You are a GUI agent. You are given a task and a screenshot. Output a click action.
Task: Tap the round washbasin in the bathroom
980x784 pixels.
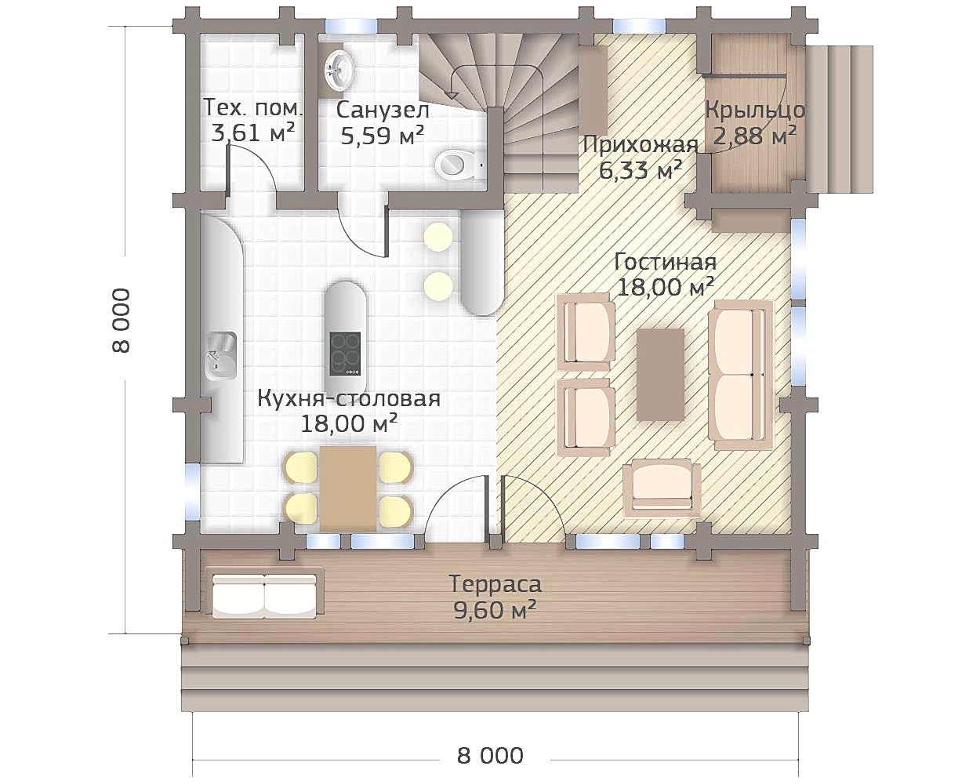339,71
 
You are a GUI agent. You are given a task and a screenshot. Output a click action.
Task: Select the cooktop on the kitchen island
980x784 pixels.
345,354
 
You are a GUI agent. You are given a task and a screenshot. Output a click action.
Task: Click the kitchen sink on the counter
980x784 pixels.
221,356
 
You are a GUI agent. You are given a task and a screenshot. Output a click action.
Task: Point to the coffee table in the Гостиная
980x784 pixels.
660,375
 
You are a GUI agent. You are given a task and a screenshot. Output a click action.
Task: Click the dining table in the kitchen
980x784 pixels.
348,488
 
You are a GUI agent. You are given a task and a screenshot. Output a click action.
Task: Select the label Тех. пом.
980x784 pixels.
252,108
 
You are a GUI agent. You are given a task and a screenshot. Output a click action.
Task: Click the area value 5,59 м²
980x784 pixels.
383,135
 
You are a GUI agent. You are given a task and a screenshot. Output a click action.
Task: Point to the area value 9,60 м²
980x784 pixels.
495,611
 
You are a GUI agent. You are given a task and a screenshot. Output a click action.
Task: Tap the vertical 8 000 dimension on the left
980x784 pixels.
122,320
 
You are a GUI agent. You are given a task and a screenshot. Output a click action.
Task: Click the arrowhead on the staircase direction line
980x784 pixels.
452,94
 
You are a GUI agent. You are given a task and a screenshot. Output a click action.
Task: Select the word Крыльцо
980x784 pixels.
756,111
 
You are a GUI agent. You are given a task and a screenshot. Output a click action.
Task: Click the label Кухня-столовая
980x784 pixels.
350,398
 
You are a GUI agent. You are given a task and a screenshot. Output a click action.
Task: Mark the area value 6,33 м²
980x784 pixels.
641,171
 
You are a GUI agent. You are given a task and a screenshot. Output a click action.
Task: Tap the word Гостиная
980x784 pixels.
666,262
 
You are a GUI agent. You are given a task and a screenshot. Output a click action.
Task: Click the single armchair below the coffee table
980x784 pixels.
662,488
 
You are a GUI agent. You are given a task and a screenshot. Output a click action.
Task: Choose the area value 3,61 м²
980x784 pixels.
252,133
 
